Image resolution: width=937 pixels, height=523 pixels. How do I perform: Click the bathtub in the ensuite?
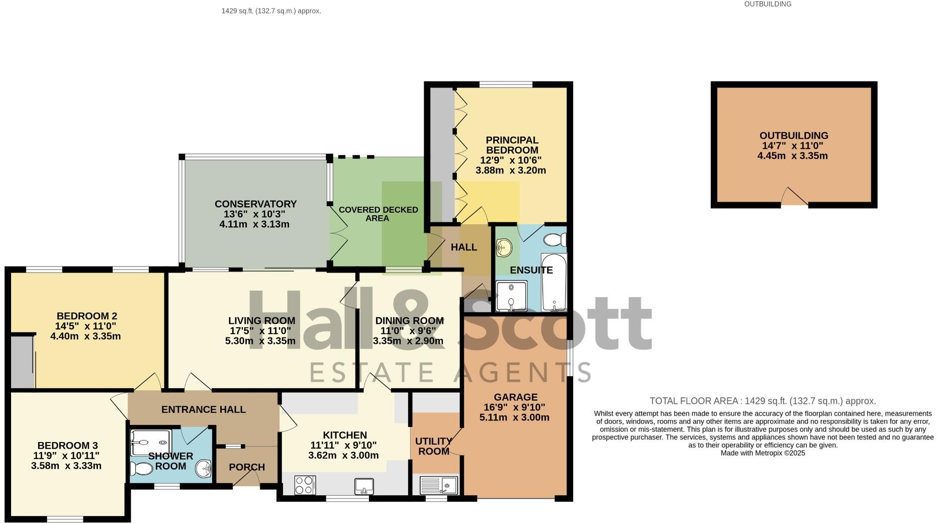pyautogui.click(x=554, y=283)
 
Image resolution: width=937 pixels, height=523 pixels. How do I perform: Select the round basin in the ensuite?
pyautogui.click(x=504, y=247)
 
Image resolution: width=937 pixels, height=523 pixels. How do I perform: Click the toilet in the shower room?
pyautogui.click(x=141, y=469)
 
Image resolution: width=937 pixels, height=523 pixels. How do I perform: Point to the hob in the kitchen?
pyautogui.click(x=305, y=485)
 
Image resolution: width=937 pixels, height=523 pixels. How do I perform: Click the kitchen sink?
pyautogui.click(x=364, y=486)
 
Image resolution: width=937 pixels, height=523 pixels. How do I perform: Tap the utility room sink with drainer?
pyautogui.click(x=438, y=485)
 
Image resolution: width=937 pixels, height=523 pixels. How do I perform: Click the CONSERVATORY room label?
pyautogui.click(x=255, y=204)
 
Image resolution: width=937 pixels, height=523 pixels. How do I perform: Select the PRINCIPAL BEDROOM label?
pyautogui.click(x=512, y=145)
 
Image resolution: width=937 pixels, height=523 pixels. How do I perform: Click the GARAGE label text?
pyautogui.click(x=515, y=397)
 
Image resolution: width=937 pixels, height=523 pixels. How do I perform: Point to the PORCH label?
pyautogui.click(x=247, y=467)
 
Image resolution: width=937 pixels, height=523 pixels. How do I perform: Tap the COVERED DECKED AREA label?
pyautogui.click(x=378, y=214)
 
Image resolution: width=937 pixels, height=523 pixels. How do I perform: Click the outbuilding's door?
pyautogui.click(x=794, y=198)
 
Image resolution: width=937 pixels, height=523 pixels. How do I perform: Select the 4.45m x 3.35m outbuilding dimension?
pyautogui.click(x=793, y=156)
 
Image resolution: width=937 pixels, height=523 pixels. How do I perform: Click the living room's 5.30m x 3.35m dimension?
pyautogui.click(x=260, y=341)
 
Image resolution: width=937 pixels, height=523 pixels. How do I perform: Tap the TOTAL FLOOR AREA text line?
pyautogui.click(x=763, y=401)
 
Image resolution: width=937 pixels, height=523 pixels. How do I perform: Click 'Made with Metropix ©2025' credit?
pyautogui.click(x=763, y=453)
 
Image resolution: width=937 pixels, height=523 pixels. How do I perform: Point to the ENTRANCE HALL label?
pyautogui.click(x=204, y=409)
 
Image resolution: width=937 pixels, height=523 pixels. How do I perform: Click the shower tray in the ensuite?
pyautogui.click(x=511, y=296)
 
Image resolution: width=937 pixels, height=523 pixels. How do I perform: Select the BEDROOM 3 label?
pyautogui.click(x=67, y=446)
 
